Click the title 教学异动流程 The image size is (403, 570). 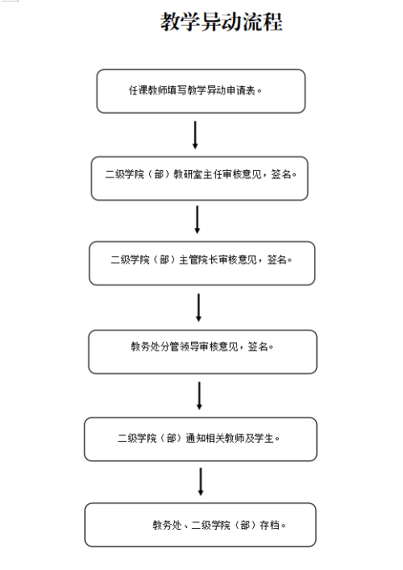[x=222, y=22]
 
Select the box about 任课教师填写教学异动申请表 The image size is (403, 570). [x=201, y=91]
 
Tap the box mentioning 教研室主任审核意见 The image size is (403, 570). [x=200, y=178]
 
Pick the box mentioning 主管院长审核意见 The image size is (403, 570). [x=202, y=263]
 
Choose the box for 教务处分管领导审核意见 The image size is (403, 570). [x=203, y=352]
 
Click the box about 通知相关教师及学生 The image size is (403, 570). [x=201, y=439]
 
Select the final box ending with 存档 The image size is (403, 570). [x=201, y=525]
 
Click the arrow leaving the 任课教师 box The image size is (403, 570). [x=195, y=135]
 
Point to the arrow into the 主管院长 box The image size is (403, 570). [x=197, y=219]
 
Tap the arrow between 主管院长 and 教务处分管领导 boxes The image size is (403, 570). [x=199, y=308]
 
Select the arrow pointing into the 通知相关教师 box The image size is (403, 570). [x=199, y=396]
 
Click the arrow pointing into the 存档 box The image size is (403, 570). [x=201, y=481]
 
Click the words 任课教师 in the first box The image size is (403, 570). [x=147, y=90]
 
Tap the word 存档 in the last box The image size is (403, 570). [x=270, y=525]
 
